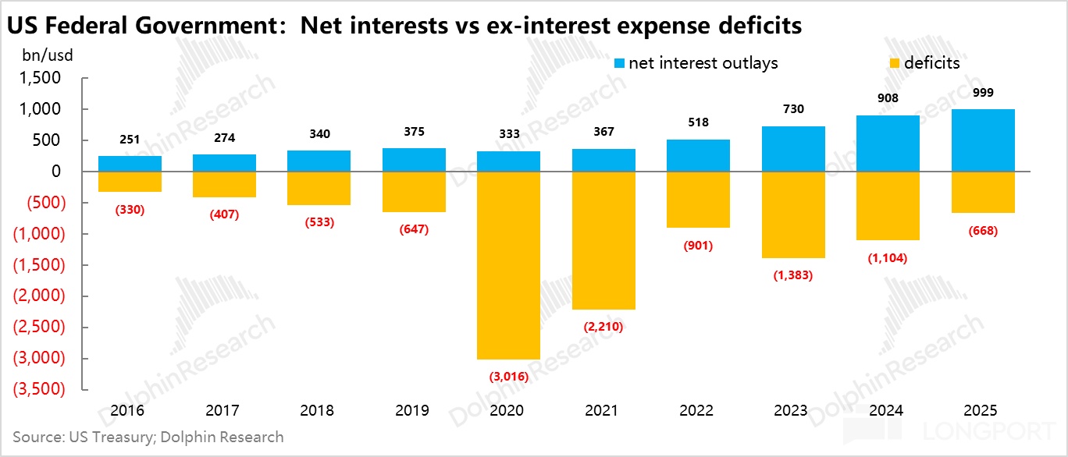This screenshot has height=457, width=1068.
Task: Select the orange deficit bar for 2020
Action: (508, 265)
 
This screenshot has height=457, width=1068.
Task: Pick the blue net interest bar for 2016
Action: (130, 163)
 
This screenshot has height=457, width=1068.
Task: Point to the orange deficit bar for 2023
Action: (792, 214)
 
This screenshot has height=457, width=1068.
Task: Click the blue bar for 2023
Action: (792, 149)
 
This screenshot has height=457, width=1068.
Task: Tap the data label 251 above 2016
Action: (130, 140)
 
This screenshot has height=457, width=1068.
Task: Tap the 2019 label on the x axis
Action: (414, 410)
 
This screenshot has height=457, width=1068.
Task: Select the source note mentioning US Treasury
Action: (148, 437)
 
